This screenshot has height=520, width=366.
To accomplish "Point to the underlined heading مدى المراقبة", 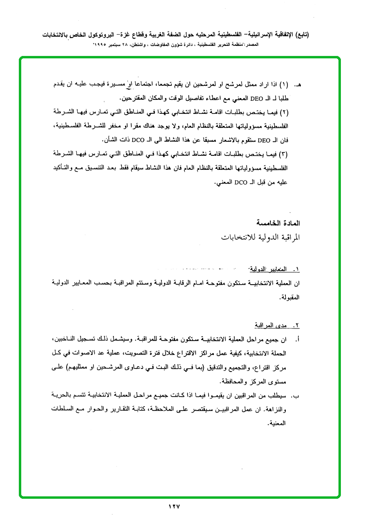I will pyautogui.click(x=272, y=326).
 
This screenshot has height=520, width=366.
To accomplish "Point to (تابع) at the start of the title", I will pyautogui.click(x=300, y=35).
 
